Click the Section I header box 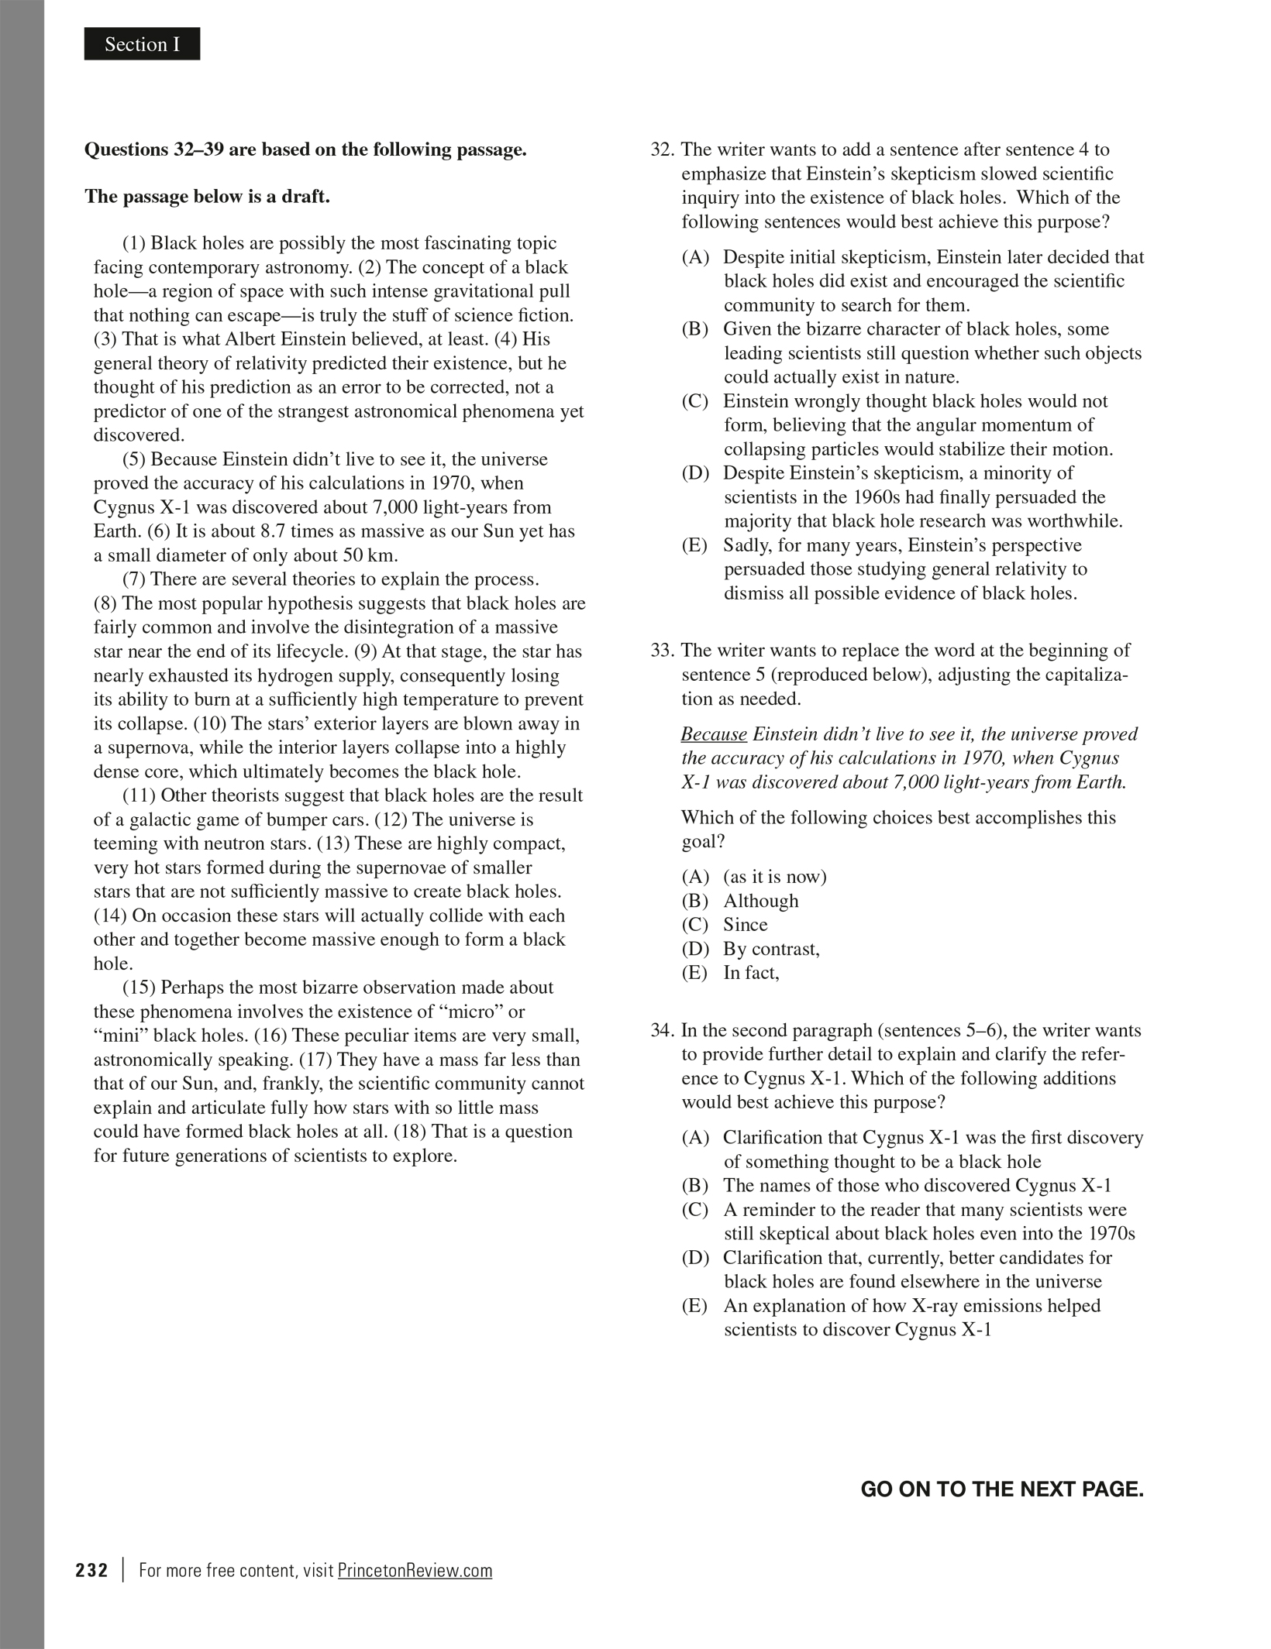[142, 44]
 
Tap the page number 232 [91, 1570]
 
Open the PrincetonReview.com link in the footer [415, 1570]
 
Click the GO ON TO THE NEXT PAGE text [1001, 1489]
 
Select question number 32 [663, 149]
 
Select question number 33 [663, 651]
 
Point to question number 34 [663, 1030]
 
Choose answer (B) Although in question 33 [760, 901]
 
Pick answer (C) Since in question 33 [745, 925]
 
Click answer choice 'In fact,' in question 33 [751, 973]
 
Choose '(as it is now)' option [775, 877]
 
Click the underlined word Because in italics [714, 734]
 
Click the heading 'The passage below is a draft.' [207, 197]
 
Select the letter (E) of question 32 [694, 545]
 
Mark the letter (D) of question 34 [695, 1258]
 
